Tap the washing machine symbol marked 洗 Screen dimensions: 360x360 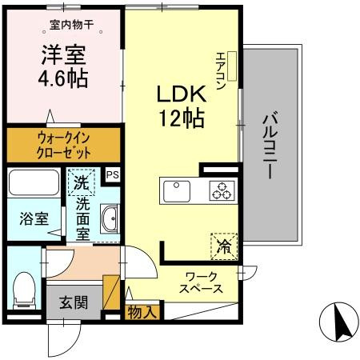pyautogui.click(x=81, y=182)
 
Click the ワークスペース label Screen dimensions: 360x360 pyautogui.click(x=201, y=282)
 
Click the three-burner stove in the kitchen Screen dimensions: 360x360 pyautogui.click(x=220, y=190)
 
